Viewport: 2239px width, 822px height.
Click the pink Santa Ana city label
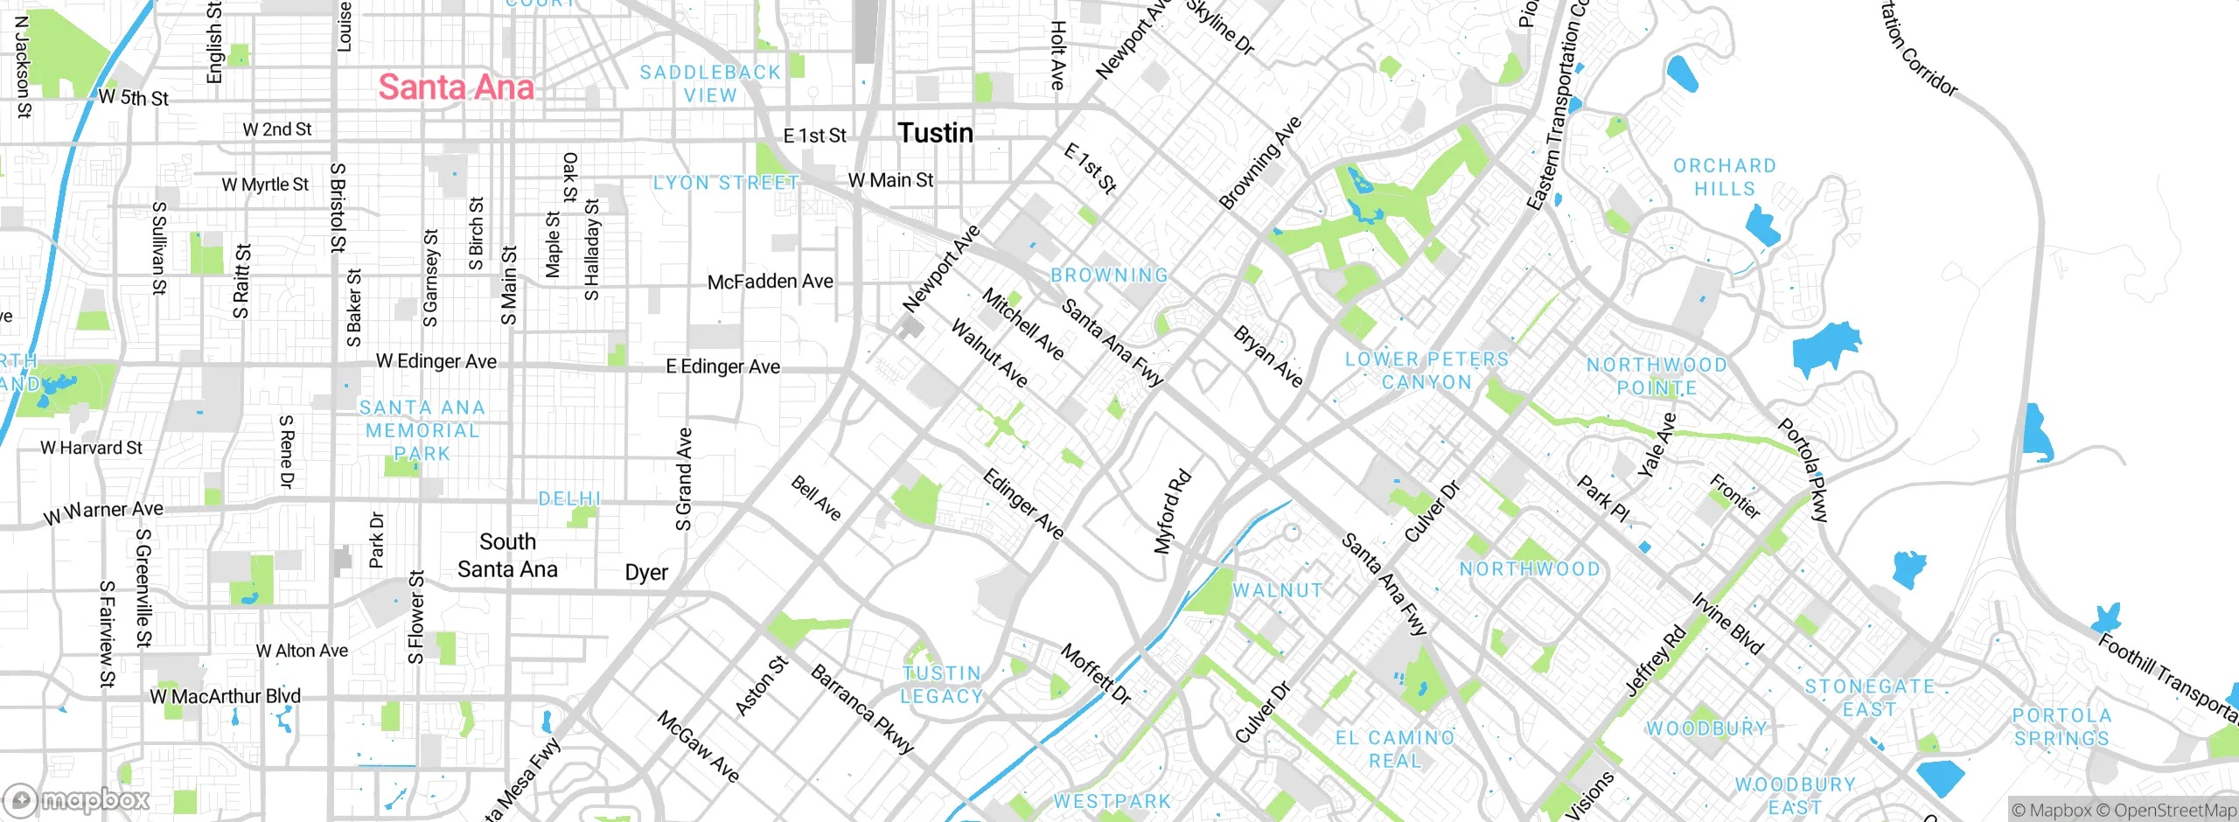[456, 87]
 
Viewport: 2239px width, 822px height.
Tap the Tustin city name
[935, 133]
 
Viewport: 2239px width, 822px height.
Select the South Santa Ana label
[507, 555]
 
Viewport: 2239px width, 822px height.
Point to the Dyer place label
[646, 573]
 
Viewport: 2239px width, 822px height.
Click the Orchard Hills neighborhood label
[1724, 177]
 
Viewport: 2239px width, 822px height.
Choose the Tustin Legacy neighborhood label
[942, 685]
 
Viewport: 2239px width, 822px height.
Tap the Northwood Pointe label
[1657, 376]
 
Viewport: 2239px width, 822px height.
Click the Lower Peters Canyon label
[1426, 371]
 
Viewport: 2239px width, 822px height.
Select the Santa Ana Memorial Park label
[422, 430]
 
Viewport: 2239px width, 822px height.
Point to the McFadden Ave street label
[770, 282]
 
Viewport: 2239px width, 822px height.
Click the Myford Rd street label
[1172, 512]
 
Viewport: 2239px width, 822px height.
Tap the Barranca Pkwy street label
[862, 709]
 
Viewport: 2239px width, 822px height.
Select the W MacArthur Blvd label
[225, 696]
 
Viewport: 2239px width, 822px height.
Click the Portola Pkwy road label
[1803, 471]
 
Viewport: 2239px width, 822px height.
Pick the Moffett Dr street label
[1096, 674]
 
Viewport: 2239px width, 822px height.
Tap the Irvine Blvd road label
[1727, 623]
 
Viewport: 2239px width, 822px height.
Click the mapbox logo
[76, 799]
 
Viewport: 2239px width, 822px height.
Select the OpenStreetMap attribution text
[2174, 811]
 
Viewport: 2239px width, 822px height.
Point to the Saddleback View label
[710, 84]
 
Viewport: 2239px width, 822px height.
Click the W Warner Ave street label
[103, 512]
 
